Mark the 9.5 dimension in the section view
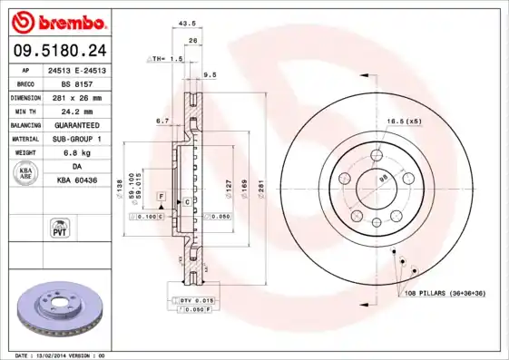click(209, 75)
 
